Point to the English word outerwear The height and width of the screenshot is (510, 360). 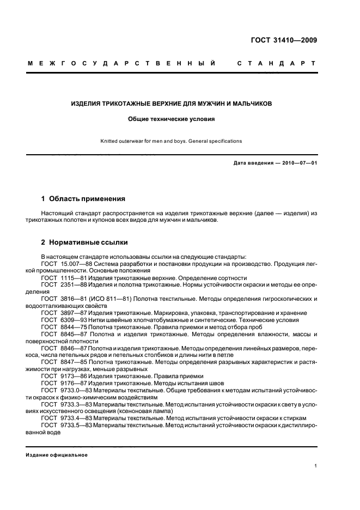pyautogui.click(x=137, y=141)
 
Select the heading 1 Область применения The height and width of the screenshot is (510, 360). pyautogui.click(x=83, y=198)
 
